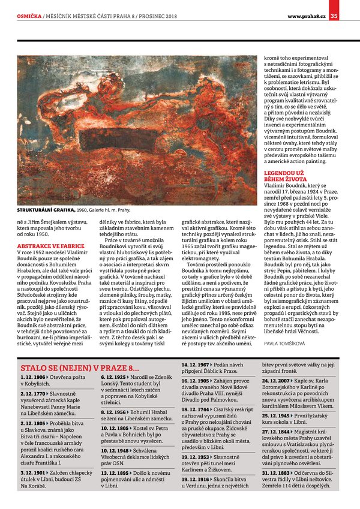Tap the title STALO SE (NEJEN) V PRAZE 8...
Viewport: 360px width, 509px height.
pyautogui.click(x=80, y=368)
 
